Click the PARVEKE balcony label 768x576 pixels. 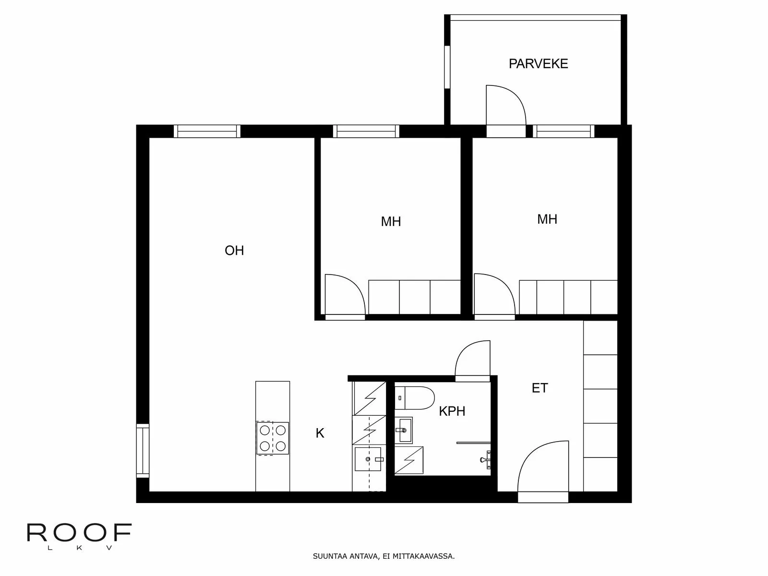pos(538,64)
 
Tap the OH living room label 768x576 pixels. pos(234,251)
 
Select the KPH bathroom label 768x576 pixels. pos(452,411)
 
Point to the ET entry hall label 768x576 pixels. pos(540,388)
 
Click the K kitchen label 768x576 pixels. pos(320,433)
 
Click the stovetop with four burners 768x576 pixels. pos(273,438)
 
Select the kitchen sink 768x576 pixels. pos(368,459)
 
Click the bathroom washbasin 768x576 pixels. pos(404,430)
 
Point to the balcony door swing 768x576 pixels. pos(505,107)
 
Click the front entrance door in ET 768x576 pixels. pos(543,470)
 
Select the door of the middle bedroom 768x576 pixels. pos(344,295)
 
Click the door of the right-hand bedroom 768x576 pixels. pos(494,294)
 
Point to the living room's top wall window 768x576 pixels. pos(207,131)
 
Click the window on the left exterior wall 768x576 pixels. pos(143,451)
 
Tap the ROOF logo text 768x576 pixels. pos(79,533)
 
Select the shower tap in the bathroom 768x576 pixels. pos(485,459)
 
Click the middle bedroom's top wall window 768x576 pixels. pos(366,131)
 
